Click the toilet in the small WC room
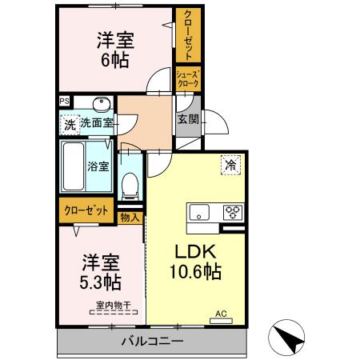point(129,185)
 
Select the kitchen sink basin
point(199,212)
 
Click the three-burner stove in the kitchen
point(233,212)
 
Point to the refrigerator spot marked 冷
point(230,166)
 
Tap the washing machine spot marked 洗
point(69,124)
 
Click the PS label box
point(63,102)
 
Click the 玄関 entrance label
point(188,120)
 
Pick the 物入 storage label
point(130,216)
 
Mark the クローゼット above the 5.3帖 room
point(86,210)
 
